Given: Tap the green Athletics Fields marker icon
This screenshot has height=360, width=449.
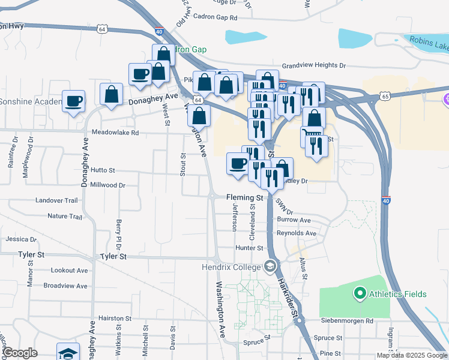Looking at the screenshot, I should (x=360, y=293).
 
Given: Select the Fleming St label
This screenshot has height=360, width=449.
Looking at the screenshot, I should (x=244, y=197).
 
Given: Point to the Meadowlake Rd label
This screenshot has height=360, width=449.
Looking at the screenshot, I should (x=115, y=133).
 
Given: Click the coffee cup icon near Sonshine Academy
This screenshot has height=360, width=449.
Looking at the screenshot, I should (x=74, y=101).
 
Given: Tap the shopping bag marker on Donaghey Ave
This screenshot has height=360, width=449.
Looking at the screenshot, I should (x=112, y=94).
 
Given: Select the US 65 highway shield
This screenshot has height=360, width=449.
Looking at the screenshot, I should (x=385, y=96).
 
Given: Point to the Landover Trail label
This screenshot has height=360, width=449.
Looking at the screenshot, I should (x=56, y=200).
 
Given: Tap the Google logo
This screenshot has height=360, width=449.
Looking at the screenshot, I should (x=20, y=353).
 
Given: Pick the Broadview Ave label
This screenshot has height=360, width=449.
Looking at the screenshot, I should (x=65, y=286).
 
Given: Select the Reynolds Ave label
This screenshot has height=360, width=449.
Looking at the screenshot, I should (x=297, y=233).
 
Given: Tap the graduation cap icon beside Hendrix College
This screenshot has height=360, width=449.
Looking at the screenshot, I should (x=271, y=265).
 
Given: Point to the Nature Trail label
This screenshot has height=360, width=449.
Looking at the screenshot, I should (x=65, y=216).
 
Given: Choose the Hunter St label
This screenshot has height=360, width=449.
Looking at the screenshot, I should (x=250, y=248).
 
